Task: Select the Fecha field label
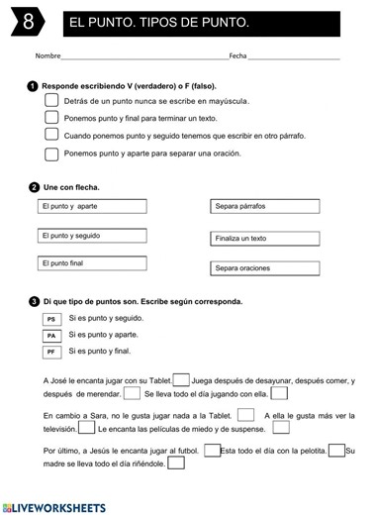(x=237, y=56)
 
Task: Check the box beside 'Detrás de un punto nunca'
(x=52, y=101)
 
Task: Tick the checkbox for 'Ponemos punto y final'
(x=52, y=118)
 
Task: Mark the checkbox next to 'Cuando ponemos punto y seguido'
(x=52, y=136)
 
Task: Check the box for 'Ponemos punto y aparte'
(x=52, y=154)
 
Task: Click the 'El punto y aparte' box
(x=92, y=206)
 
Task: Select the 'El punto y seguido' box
(x=92, y=236)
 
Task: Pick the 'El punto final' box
(x=92, y=263)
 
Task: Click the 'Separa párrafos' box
(x=265, y=207)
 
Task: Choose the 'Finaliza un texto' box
(x=265, y=239)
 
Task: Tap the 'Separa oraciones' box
(x=265, y=268)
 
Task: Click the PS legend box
(x=51, y=320)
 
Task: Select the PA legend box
(x=51, y=336)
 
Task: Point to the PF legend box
(x=51, y=352)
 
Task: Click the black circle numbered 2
(x=35, y=186)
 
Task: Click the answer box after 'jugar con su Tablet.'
(x=181, y=379)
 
